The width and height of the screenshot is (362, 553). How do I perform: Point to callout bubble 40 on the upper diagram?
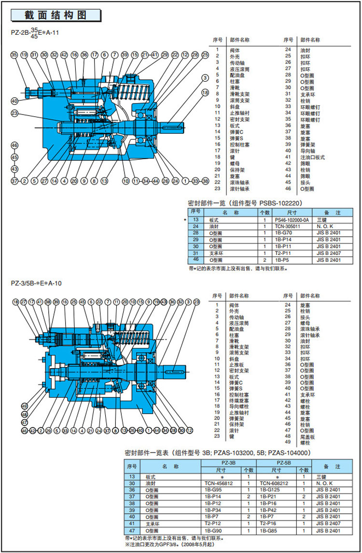click(14, 101)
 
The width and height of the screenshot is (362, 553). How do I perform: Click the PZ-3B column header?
click(228, 462)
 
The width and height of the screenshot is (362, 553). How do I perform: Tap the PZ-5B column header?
click(284, 462)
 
